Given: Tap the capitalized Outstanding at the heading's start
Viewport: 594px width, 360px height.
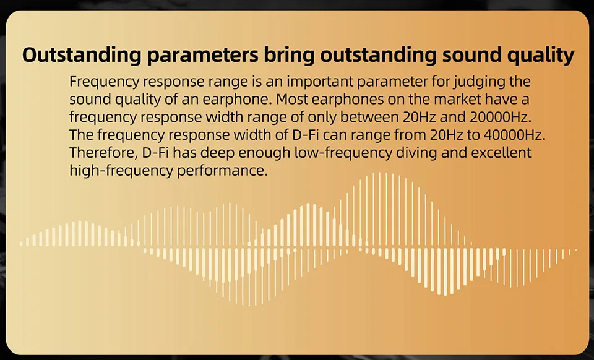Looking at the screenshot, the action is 82,55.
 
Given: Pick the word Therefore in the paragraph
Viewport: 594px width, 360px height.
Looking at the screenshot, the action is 103,153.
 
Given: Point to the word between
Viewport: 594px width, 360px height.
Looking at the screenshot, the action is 366,117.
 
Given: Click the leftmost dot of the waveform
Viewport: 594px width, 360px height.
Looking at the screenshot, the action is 21,244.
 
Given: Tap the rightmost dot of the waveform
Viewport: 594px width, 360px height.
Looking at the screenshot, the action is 576,250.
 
